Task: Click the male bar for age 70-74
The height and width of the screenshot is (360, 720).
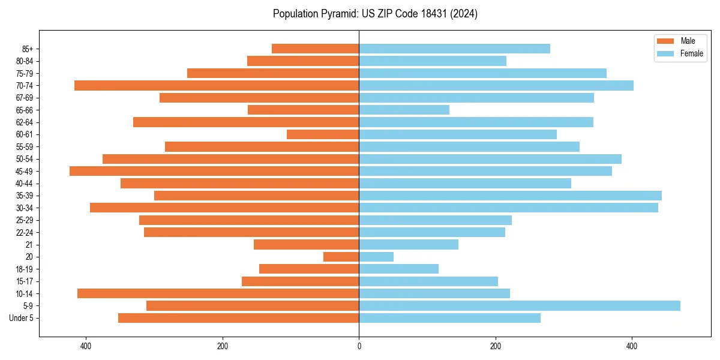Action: (x=217, y=86)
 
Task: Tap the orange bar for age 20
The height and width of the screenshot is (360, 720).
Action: (x=341, y=257)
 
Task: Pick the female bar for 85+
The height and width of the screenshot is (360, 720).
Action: (x=454, y=49)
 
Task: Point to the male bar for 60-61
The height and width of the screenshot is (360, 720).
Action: (x=323, y=134)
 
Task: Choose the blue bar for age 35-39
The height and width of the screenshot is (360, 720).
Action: (x=510, y=196)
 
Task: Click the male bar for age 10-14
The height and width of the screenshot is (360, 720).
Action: (x=218, y=293)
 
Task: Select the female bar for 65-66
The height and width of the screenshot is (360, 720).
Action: (x=404, y=110)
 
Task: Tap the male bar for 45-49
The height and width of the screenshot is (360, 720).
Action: (x=214, y=171)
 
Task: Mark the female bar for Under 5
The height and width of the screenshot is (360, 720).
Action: (x=449, y=318)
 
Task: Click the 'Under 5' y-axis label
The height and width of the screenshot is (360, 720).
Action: (x=22, y=318)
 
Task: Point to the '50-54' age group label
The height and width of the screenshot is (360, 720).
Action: (x=25, y=159)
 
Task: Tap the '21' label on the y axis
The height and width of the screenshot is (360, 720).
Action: (x=29, y=245)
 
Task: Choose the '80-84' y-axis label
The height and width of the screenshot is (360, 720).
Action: (x=25, y=61)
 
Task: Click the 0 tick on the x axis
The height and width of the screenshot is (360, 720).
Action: (x=359, y=346)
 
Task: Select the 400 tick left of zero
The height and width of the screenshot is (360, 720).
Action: (x=86, y=346)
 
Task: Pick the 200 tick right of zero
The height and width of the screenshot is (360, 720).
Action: (x=495, y=346)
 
